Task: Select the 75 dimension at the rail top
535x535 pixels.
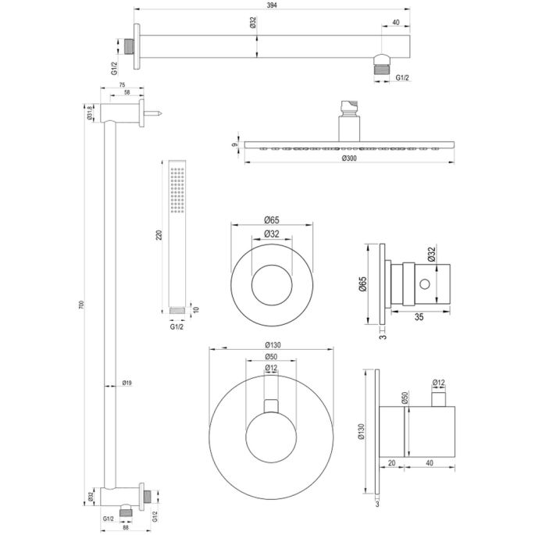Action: pyautogui.click(x=122, y=86)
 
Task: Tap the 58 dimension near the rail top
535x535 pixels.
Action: pyautogui.click(x=127, y=94)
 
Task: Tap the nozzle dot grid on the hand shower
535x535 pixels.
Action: pyautogui.click(x=177, y=187)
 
